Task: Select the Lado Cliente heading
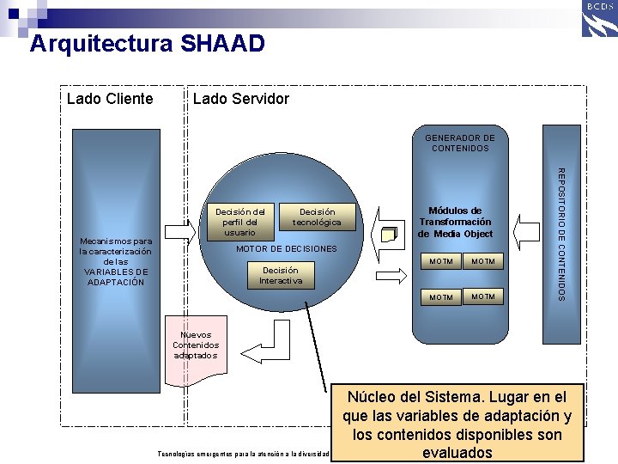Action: [110, 99]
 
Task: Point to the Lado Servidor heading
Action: [241, 99]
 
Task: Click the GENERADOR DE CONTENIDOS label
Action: [460, 143]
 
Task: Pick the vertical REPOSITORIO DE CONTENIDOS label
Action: [561, 234]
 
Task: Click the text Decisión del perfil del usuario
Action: [239, 222]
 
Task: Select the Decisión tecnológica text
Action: [317, 217]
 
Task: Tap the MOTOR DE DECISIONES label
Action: [287, 249]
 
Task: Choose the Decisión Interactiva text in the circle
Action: [281, 275]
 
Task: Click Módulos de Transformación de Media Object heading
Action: [456, 222]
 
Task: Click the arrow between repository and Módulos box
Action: [528, 230]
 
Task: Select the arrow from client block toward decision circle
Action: [179, 233]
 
